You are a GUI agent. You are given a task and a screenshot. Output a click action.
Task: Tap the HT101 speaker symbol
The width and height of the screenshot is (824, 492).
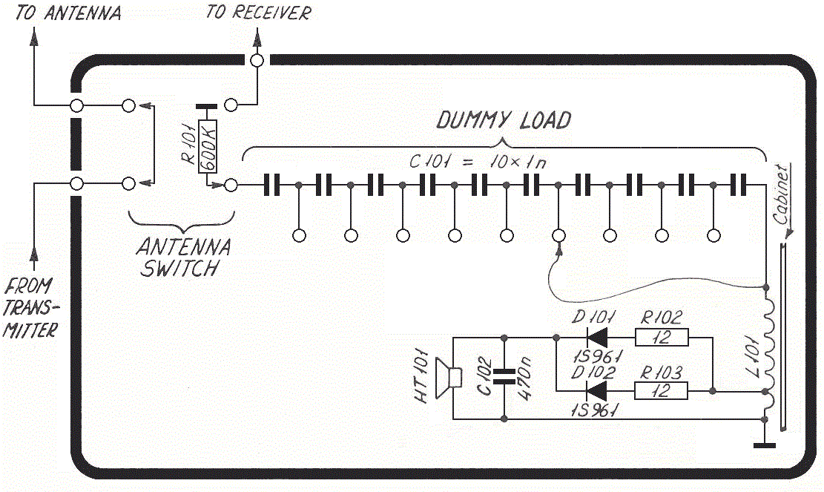pos(446,378)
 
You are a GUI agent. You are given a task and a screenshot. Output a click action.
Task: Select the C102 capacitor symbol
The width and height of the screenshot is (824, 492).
pos(504,378)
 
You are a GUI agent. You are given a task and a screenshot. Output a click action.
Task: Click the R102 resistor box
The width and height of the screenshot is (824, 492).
pos(662,338)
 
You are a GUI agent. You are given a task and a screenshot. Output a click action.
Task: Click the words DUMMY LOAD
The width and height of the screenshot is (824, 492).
pos(504,120)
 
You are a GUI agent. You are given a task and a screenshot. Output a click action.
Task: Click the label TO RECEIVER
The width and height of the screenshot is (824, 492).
pos(259,13)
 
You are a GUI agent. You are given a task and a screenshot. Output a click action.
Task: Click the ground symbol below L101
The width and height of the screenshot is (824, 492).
pos(764,445)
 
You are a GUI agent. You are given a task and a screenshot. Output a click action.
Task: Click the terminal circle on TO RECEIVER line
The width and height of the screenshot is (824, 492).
pos(257,61)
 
